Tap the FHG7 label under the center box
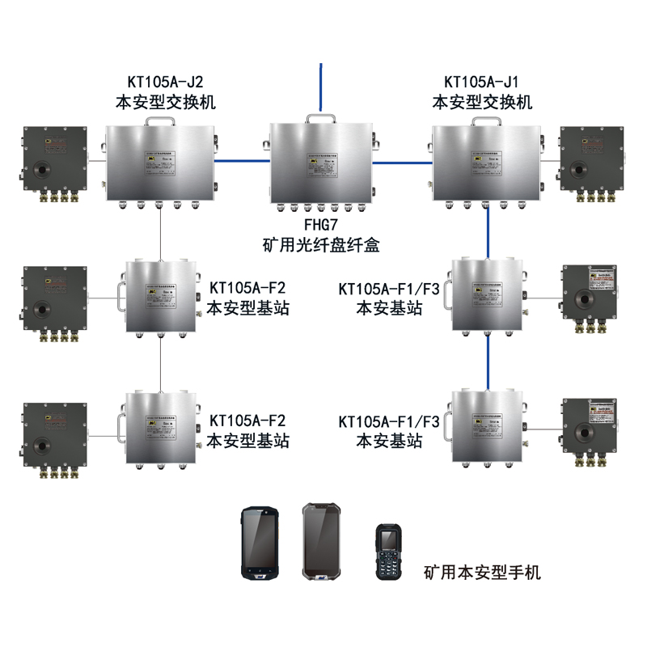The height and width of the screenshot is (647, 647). pyautogui.click(x=321, y=223)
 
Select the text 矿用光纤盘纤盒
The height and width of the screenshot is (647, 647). pyautogui.click(x=321, y=243)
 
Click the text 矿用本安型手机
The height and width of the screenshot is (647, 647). pyautogui.click(x=482, y=573)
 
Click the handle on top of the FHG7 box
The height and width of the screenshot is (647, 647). pyautogui.click(x=321, y=118)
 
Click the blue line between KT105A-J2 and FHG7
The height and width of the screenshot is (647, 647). pyautogui.click(x=242, y=160)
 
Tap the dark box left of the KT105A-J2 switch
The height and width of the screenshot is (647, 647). pyautogui.click(x=53, y=162)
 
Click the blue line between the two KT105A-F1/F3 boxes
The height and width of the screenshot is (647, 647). pyautogui.click(x=488, y=361)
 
